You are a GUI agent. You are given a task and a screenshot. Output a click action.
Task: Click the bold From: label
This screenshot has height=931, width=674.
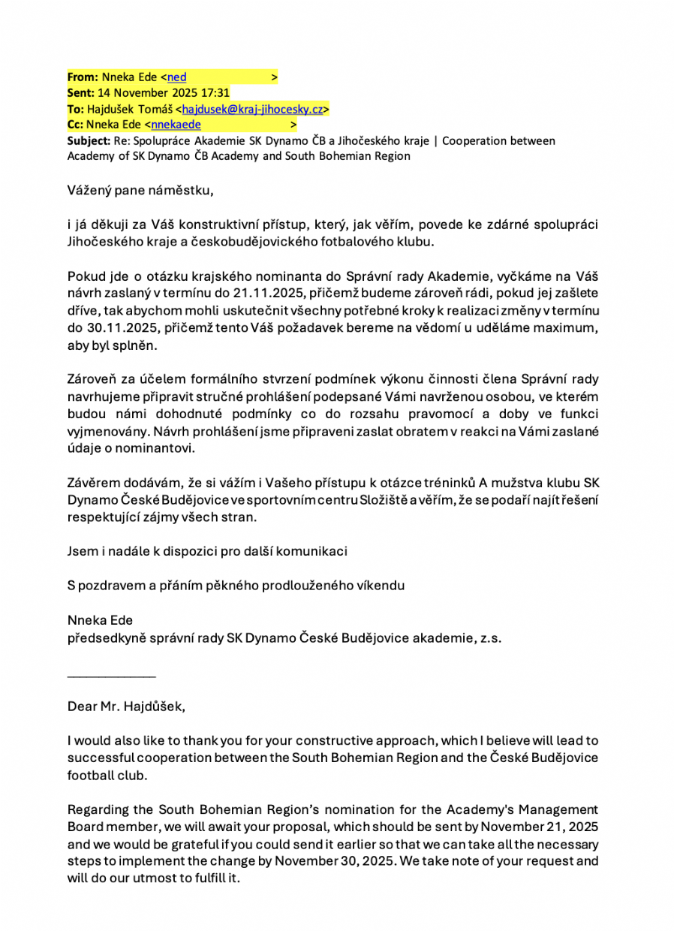point(81,77)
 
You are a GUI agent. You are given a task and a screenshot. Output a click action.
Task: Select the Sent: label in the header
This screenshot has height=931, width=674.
point(80,93)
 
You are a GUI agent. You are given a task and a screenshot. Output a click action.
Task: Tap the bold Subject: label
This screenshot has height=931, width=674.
point(89,140)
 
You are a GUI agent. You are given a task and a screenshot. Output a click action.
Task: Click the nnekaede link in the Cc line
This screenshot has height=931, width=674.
point(176,125)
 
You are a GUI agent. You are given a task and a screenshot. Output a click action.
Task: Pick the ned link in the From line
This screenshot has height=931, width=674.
point(177,77)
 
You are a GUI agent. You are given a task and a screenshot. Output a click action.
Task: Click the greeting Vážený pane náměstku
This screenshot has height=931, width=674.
point(140,190)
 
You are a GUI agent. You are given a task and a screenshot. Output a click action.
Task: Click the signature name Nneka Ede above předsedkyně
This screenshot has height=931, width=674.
point(100,621)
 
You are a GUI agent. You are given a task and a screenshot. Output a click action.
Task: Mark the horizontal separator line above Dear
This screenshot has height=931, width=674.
point(111,676)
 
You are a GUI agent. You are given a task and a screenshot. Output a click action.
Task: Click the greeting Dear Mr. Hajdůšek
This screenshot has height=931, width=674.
point(125,706)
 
